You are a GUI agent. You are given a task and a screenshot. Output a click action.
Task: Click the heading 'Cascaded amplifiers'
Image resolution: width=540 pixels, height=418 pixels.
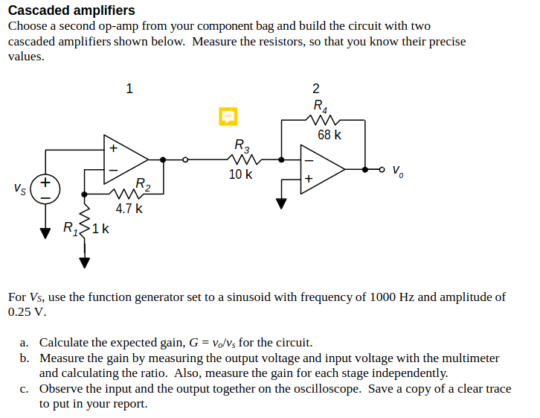click(71, 10)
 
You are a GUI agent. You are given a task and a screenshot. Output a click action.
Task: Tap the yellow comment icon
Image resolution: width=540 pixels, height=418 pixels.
click(228, 115)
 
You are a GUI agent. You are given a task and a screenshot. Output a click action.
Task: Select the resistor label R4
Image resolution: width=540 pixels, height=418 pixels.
click(320, 107)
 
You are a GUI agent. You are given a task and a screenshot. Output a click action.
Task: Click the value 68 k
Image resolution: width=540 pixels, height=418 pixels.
click(330, 135)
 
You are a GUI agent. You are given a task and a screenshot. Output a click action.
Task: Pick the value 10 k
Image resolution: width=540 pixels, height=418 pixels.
click(240, 174)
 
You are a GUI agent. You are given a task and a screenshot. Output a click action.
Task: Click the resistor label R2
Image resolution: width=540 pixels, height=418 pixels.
click(143, 185)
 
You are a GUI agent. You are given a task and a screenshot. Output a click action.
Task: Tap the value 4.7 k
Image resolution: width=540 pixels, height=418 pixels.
click(129, 209)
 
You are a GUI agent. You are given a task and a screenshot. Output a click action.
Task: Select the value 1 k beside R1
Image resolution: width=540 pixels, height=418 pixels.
click(100, 229)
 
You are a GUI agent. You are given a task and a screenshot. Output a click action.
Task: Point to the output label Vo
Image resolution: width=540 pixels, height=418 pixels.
click(399, 169)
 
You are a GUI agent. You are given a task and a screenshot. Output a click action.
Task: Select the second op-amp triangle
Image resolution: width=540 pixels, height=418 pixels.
click(321, 169)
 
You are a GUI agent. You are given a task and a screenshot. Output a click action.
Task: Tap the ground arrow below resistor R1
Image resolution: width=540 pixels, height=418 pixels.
click(84, 261)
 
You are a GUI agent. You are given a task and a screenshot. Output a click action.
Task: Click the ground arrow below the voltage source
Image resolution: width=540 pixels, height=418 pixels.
click(45, 232)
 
